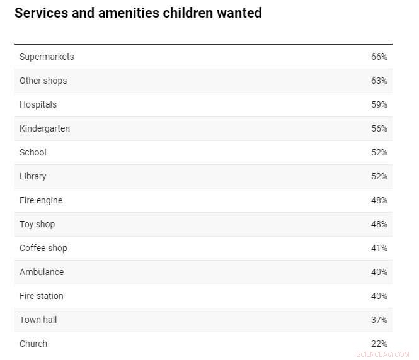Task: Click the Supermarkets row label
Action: (47, 57)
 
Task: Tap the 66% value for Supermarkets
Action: (379, 57)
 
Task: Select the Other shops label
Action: (43, 81)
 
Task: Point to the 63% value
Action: (379, 81)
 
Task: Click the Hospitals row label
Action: (38, 104)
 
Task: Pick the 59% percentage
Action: (379, 104)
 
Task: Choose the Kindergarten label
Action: (45, 128)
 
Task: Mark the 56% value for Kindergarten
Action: (379, 128)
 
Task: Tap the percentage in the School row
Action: (379, 152)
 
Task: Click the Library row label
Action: (33, 176)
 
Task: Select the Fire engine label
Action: (41, 200)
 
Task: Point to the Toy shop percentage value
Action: (379, 224)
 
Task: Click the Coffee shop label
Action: (43, 248)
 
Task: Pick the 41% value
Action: (379, 248)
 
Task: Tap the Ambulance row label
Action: (42, 272)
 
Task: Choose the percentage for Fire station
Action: (379, 296)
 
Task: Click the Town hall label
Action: (38, 320)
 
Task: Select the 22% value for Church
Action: (379, 344)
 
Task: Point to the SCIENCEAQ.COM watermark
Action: (382, 354)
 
